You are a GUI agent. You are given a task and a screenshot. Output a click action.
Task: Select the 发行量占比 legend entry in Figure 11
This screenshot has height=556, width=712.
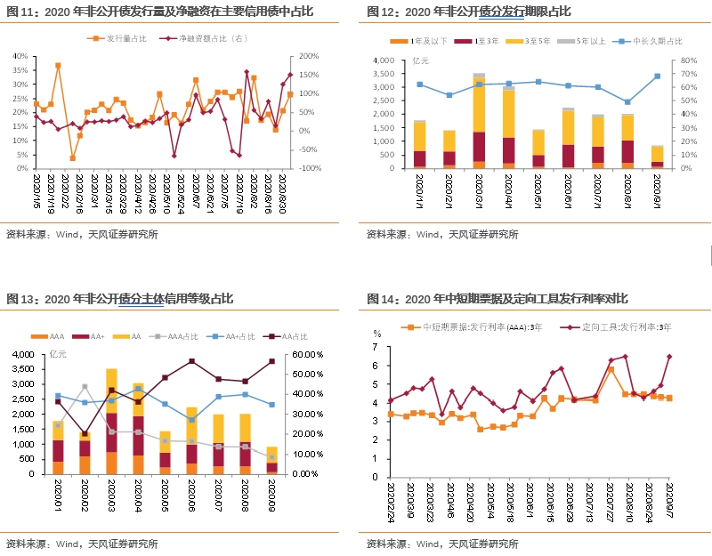[x=120, y=39]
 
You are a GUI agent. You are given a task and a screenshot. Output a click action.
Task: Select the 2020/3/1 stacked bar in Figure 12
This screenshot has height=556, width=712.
[x=479, y=120]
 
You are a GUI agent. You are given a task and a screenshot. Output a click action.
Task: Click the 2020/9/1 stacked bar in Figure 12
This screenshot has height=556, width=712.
[x=657, y=157]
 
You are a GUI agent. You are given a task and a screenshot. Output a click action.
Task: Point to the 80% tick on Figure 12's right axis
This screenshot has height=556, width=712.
[x=688, y=60]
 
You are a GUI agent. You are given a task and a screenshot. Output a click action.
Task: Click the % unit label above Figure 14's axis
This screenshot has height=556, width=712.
[x=376, y=334]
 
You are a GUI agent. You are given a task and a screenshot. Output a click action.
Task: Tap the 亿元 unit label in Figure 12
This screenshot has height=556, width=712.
[x=421, y=60]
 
